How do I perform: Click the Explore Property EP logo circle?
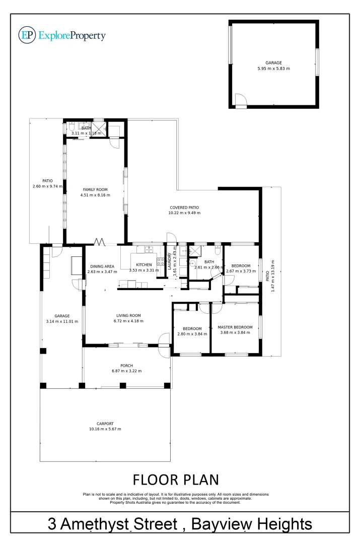[x=26, y=35]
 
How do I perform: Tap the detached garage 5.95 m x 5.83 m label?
[x=274, y=69]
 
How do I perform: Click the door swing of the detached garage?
[x=241, y=100]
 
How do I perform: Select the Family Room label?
[x=96, y=189]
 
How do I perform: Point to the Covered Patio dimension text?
[x=184, y=213]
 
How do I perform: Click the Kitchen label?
[x=143, y=264]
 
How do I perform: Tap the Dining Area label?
[x=102, y=266]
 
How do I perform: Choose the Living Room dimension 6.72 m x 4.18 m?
[x=128, y=321]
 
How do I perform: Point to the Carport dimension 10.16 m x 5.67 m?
[x=105, y=429]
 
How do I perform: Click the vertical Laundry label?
[x=170, y=262]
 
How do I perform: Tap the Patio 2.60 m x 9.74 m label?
[x=47, y=181]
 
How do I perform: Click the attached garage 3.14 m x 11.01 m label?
[x=62, y=316]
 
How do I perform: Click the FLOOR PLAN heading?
[x=175, y=478]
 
